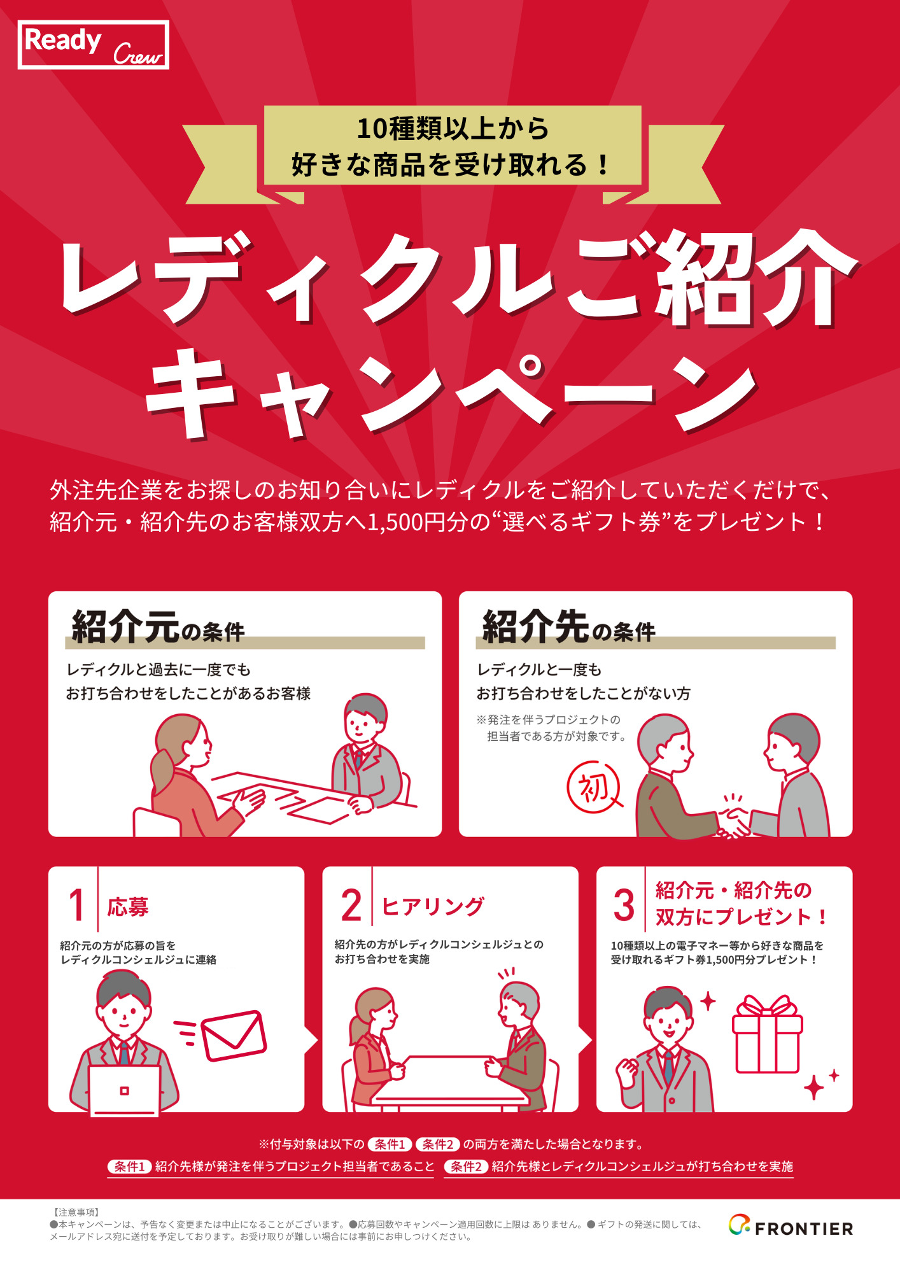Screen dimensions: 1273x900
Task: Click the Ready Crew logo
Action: (x=94, y=45)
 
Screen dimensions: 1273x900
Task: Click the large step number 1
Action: (x=76, y=905)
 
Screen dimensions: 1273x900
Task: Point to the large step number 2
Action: (x=351, y=905)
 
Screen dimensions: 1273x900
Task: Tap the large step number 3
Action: (x=624, y=905)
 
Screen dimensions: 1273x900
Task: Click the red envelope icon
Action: (x=233, y=1036)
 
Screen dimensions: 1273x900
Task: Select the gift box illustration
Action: (x=767, y=1034)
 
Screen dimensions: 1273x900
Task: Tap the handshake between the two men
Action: (x=734, y=822)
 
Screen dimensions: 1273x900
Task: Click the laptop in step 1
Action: (x=124, y=1090)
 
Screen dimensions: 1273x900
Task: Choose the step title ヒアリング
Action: (x=433, y=906)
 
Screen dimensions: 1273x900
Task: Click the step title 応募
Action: (x=128, y=906)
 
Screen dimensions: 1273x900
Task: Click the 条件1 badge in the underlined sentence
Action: (x=129, y=1166)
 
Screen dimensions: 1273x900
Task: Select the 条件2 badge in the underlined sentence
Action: (x=466, y=1166)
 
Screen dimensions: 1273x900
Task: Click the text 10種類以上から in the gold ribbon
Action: (x=452, y=129)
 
